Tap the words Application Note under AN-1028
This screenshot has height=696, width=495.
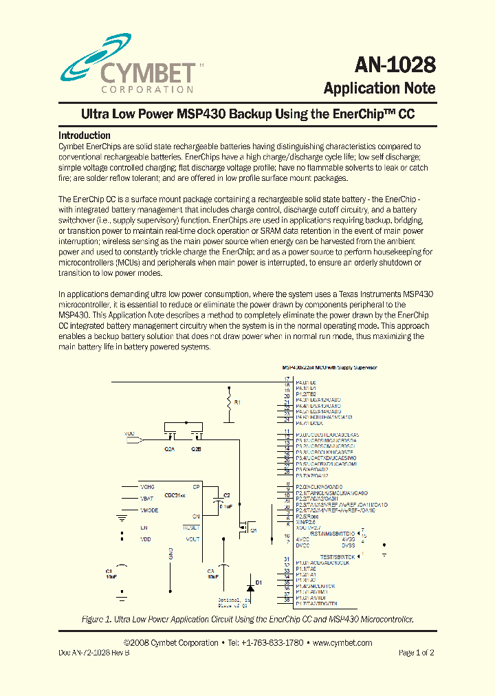tap(379, 88)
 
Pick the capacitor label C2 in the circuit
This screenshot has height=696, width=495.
tap(226, 495)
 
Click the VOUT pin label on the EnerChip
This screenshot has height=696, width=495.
tap(192, 539)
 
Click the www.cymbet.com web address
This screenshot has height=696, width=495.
tap(342, 643)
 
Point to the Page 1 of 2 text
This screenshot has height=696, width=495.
tap(416, 653)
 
